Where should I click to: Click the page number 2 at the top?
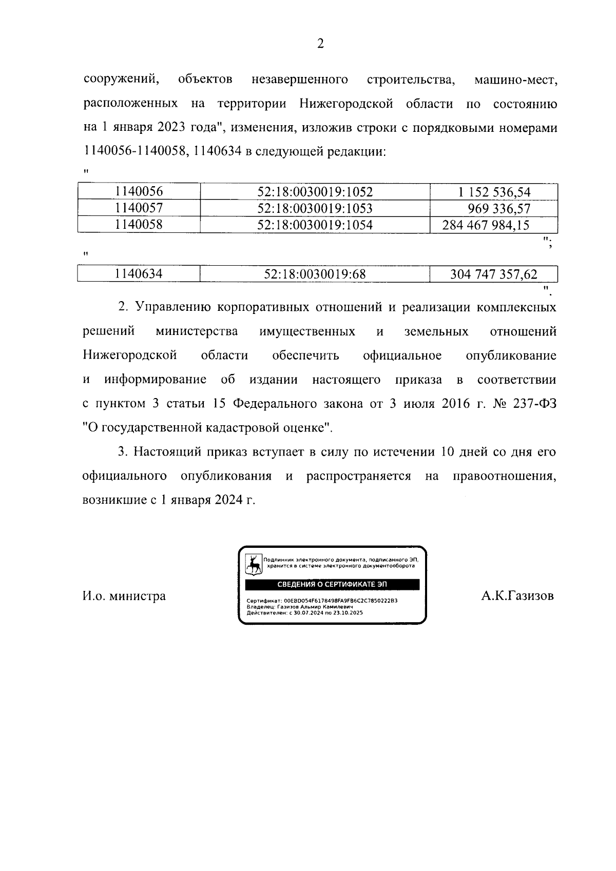(320, 44)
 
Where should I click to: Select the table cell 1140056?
(139, 192)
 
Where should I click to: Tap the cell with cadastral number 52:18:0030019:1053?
(315, 208)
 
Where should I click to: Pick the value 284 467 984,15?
(486, 225)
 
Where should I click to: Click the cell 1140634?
(139, 274)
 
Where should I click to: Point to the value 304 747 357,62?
(493, 274)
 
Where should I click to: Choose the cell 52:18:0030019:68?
(315, 274)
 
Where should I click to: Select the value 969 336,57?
(499, 209)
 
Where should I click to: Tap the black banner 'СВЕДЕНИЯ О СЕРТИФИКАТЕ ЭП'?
(332, 585)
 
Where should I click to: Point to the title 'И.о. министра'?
(124, 596)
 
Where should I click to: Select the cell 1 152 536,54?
(494, 192)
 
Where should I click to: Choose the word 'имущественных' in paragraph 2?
(307, 331)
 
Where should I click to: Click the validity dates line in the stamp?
(305, 612)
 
